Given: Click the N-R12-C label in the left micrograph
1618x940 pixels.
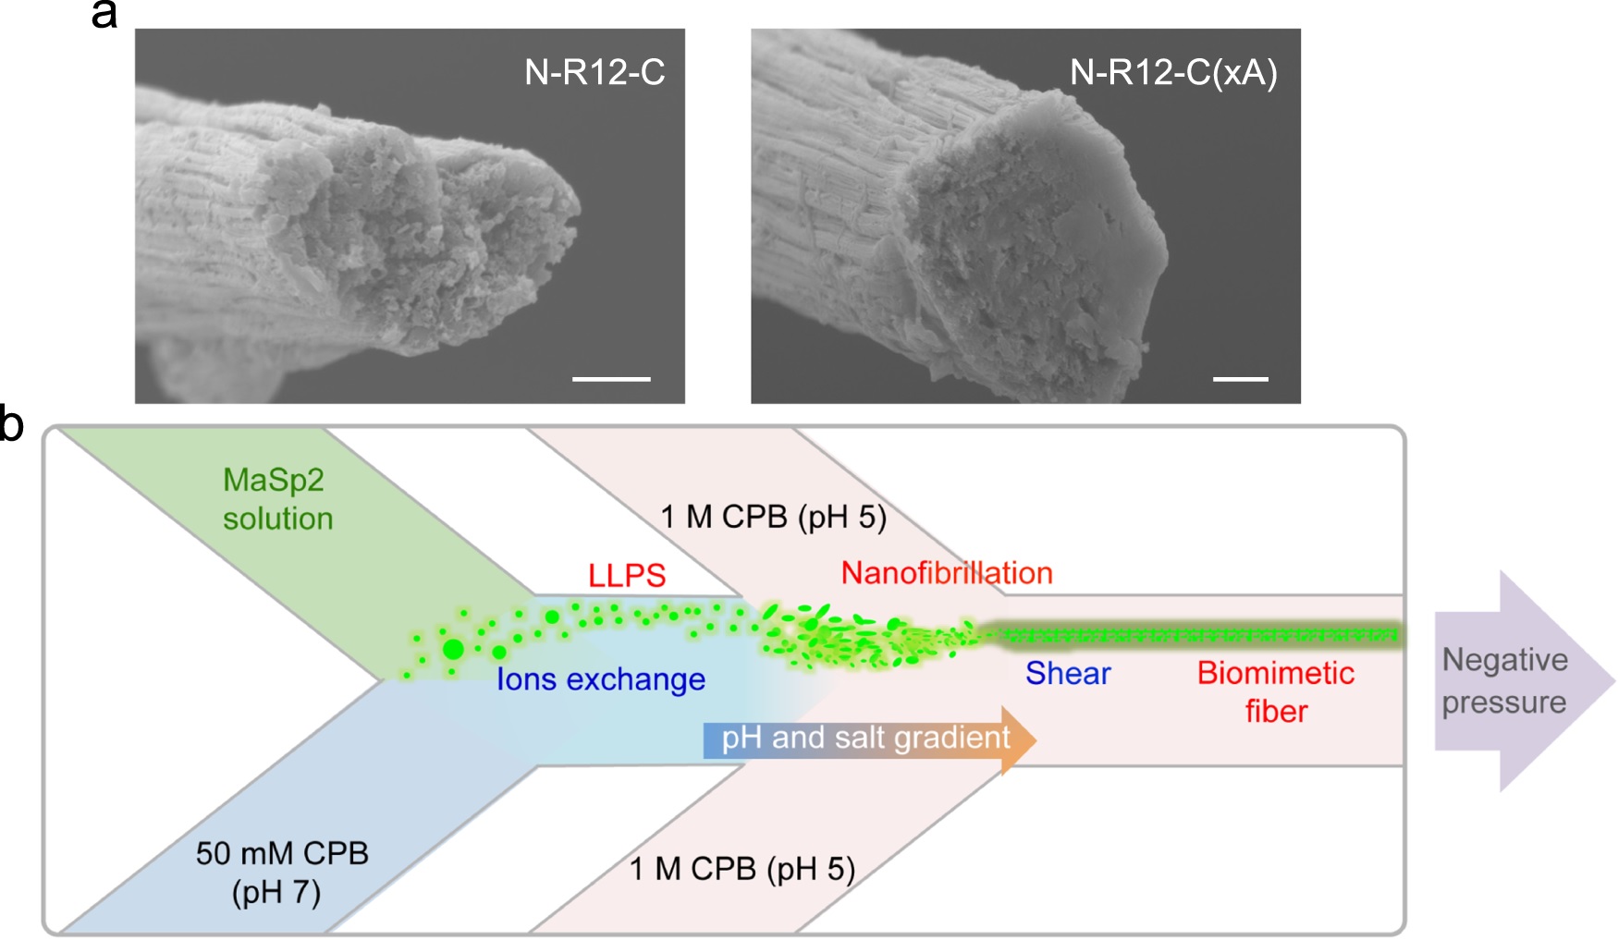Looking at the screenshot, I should [594, 72].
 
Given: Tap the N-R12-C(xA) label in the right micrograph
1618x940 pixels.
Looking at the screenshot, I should [1173, 72].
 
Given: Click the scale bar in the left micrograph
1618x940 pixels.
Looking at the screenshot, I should [611, 379].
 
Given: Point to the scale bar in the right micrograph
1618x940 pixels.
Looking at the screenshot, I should [1240, 379].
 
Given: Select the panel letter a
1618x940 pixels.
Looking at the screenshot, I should [104, 16].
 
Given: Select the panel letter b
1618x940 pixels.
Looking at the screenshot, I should [12, 425].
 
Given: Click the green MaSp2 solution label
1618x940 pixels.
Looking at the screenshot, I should [276, 499].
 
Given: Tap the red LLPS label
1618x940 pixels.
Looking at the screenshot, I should [627, 576].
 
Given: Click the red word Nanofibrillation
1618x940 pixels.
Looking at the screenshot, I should [947, 573].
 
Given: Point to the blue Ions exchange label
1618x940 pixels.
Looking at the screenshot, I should [601, 679].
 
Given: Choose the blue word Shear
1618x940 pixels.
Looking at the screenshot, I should [1068, 673].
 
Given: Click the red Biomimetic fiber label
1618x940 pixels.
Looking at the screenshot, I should [1276, 691].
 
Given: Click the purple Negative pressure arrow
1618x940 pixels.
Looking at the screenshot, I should [1516, 681].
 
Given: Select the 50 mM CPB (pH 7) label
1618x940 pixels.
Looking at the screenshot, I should [281, 872].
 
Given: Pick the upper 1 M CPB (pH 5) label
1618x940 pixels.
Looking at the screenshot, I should [773, 517].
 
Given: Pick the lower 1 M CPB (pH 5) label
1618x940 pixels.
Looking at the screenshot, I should [742, 869].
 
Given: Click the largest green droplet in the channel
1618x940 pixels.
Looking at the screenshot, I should [453, 650].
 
